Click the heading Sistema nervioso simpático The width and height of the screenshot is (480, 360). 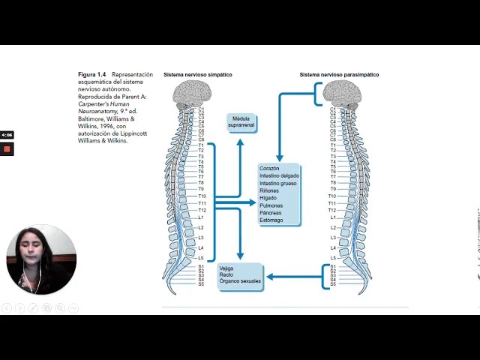(x=197, y=75)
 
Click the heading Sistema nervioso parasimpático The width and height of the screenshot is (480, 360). (x=339, y=75)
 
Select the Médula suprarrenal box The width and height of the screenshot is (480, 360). (x=241, y=122)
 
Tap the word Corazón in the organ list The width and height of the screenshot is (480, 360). (x=269, y=169)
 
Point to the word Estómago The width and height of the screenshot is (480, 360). (x=271, y=220)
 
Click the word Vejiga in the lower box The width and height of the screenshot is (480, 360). (x=227, y=268)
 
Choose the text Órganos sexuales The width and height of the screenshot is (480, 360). (x=240, y=280)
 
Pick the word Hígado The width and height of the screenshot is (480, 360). (x=268, y=198)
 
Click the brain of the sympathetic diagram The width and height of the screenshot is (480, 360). (x=193, y=93)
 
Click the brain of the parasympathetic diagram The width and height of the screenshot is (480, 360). (x=342, y=93)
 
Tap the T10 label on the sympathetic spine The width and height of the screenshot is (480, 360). (x=202, y=196)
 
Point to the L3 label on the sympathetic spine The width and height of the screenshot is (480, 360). (x=200, y=237)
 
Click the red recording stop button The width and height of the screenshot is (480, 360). (x=7, y=148)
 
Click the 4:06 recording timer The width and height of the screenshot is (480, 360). (x=7, y=135)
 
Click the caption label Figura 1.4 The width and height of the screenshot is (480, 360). (x=92, y=75)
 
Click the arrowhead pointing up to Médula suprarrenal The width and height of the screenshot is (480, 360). (x=241, y=140)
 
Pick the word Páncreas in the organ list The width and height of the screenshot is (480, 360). (x=271, y=212)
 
